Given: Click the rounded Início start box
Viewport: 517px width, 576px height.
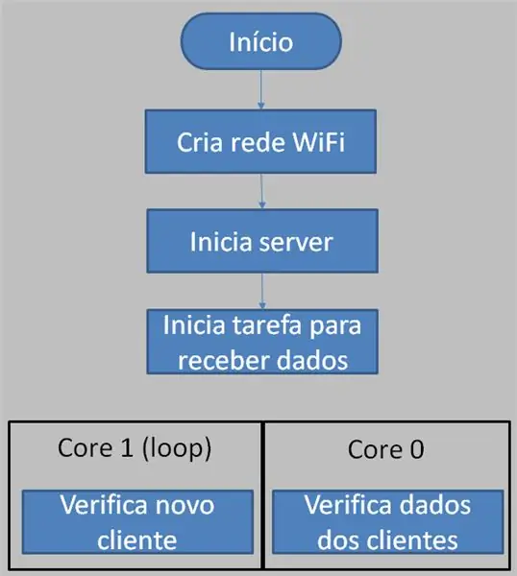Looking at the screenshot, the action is click(260, 41).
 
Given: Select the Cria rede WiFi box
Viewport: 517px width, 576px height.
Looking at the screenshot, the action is click(260, 141).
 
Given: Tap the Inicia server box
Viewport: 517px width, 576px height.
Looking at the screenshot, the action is click(262, 241).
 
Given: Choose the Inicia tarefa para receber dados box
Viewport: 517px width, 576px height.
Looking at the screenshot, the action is click(262, 342).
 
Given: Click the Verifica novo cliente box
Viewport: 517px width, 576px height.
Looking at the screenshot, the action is click(137, 521).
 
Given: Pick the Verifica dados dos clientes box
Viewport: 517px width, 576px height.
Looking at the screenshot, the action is click(388, 521).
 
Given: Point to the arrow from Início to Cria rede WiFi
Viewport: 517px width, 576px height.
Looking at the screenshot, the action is click(261, 89).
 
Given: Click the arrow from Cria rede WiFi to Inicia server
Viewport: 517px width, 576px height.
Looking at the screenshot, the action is click(261, 191).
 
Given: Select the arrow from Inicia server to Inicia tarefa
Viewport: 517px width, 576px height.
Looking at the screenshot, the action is click(262, 291).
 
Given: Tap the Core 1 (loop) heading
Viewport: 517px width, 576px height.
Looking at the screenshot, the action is click(135, 448).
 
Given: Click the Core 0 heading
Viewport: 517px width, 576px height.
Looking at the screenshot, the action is click(385, 449).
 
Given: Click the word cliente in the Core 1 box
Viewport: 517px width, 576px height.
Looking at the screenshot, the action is click(137, 540).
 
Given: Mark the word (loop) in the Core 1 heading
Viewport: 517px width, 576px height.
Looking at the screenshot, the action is click(177, 448).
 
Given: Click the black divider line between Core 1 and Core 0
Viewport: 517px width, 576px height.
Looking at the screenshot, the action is click(262, 495).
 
